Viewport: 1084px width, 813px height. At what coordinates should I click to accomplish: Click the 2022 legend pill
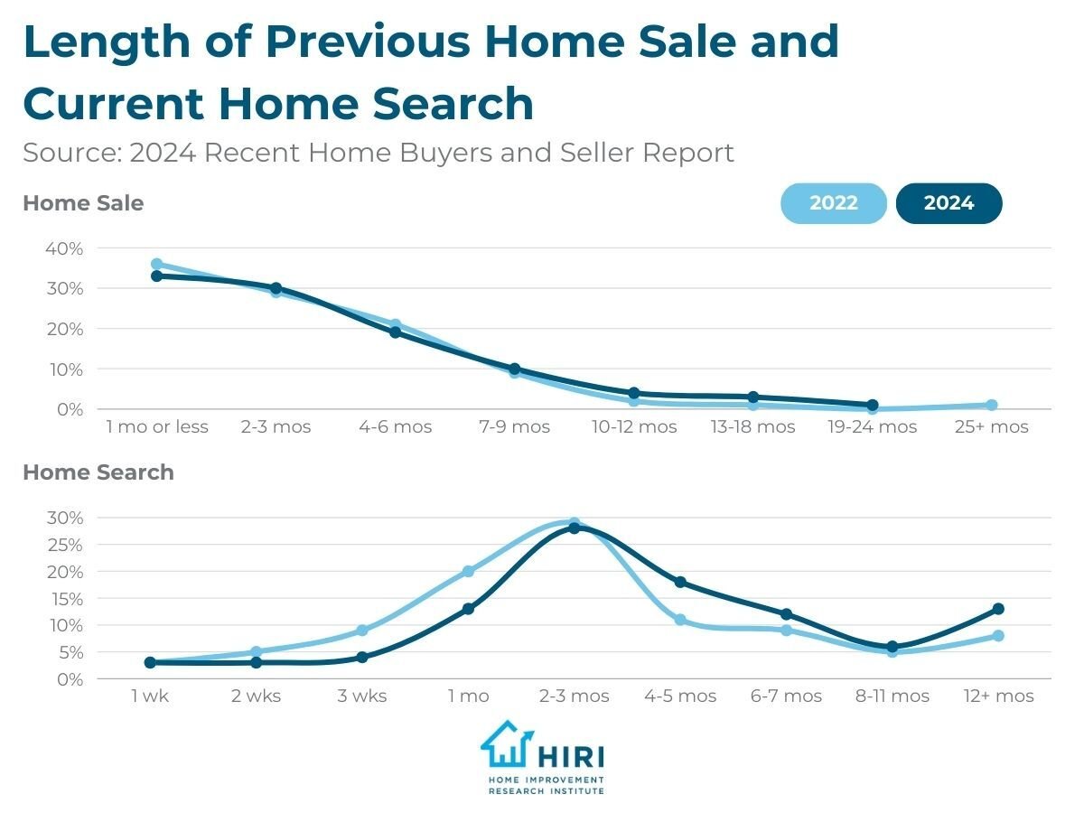coord(833,203)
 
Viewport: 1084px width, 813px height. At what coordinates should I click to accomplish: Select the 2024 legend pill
coord(948,203)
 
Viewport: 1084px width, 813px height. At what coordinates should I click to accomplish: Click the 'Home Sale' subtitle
coord(83,203)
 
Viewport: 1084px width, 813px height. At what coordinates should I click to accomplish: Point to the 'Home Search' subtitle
coord(98,472)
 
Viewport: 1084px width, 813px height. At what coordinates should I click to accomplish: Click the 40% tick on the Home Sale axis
coord(64,248)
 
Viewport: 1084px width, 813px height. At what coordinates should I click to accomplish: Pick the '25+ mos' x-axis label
coord(991,426)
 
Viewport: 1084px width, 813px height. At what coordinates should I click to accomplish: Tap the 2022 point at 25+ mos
coord(991,406)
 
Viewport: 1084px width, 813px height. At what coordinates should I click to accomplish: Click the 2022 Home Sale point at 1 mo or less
coord(156,265)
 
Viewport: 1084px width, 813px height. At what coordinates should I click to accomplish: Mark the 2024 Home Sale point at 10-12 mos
coord(633,393)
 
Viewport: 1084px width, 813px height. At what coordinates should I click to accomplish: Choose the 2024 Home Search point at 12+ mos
coord(998,609)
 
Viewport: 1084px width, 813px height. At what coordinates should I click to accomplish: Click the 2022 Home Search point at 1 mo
coord(468,571)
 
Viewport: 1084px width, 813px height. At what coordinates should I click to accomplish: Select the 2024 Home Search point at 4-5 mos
coord(680,582)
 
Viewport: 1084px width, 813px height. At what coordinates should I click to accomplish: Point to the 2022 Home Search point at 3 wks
coord(362,631)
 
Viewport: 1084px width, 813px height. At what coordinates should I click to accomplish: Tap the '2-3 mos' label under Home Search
coord(574,696)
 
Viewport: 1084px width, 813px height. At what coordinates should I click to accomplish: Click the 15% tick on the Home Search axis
coord(66,599)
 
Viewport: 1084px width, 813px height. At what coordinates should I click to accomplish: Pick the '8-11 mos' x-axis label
coord(892,696)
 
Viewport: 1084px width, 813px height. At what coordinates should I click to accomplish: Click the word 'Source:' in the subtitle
coord(71,153)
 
